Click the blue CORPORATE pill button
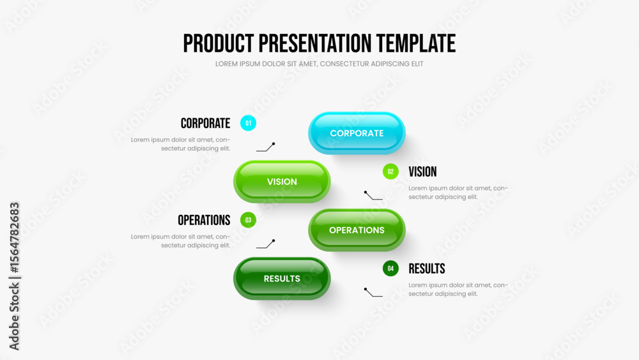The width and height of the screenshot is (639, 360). pos(357,133)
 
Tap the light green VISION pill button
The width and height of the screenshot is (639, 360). pos(282,182)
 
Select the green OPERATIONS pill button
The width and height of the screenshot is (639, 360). pos(357,230)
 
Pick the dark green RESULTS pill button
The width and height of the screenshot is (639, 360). pos(282,278)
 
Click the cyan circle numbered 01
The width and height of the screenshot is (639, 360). pos(248,123)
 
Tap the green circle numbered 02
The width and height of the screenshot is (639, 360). pos(390,171)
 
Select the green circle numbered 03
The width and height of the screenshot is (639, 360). pos(248,220)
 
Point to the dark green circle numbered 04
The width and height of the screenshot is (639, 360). pos(390,269)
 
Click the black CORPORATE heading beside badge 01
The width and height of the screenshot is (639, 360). pos(205,123)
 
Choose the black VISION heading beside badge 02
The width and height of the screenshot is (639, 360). pos(422,171)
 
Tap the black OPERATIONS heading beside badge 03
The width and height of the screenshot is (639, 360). pos(204,220)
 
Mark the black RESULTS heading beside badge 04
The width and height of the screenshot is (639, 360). pos(427,269)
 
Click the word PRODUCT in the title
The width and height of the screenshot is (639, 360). pos(219,43)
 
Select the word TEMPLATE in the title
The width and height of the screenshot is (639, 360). pos(416,43)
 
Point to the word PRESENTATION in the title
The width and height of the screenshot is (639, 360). pos(315,43)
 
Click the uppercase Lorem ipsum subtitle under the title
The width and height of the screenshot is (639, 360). pos(319,64)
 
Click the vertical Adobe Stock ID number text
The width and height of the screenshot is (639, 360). pos(14,238)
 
